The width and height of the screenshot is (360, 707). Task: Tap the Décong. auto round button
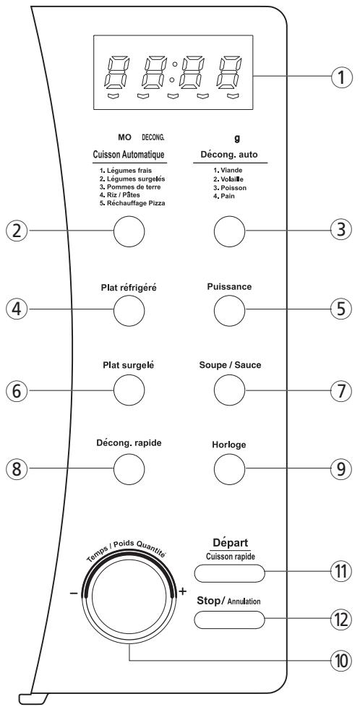click(230, 232)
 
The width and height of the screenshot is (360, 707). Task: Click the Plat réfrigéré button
click(129, 312)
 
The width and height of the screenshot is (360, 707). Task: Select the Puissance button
click(230, 312)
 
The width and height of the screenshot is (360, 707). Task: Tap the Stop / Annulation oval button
click(229, 620)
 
